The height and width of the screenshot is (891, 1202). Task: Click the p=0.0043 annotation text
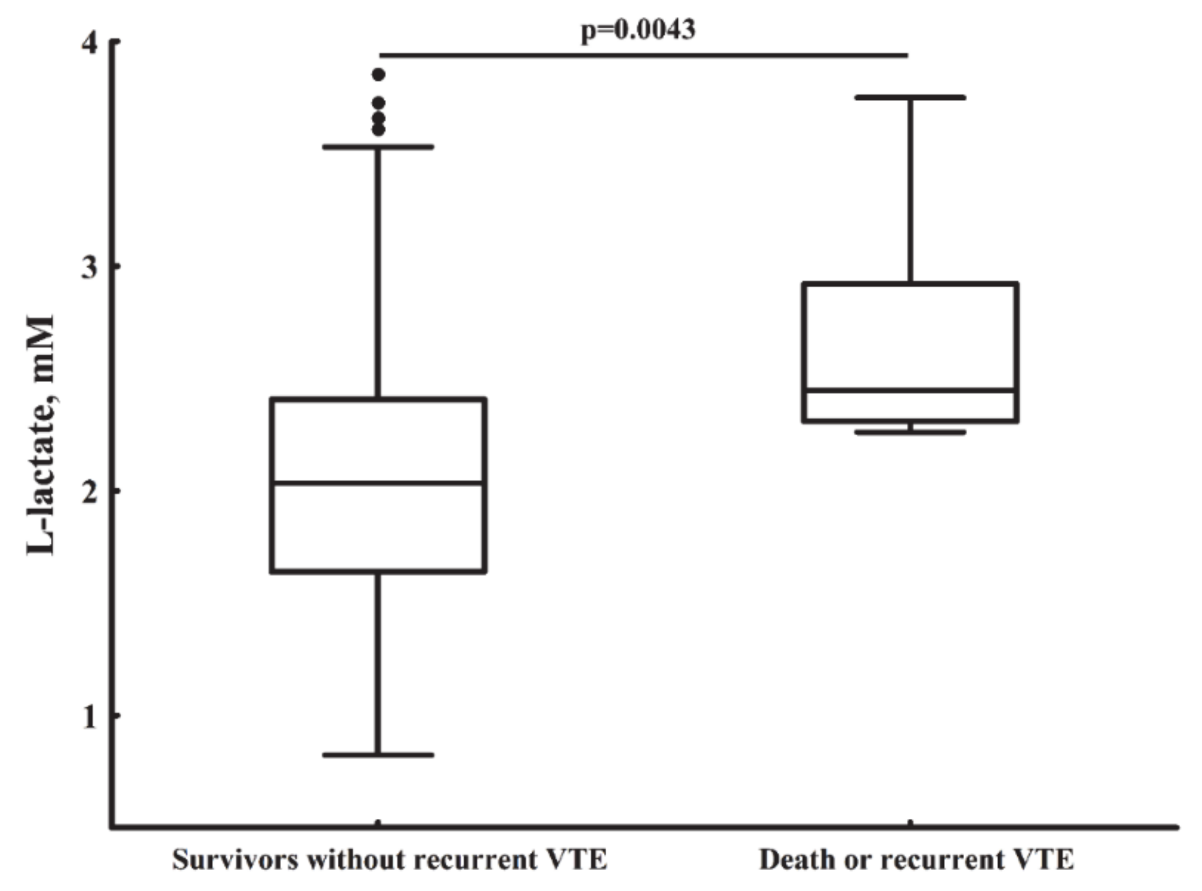pyautogui.click(x=638, y=29)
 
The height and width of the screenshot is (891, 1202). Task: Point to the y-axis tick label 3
pyautogui.click(x=89, y=267)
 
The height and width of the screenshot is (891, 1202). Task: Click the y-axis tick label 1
pyautogui.click(x=89, y=716)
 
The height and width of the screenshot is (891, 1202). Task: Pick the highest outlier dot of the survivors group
pyautogui.click(x=379, y=75)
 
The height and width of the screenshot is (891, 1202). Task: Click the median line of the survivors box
pyautogui.click(x=378, y=482)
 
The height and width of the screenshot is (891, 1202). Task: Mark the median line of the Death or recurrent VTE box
pyautogui.click(x=910, y=391)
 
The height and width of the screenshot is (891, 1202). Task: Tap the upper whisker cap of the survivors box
pyautogui.click(x=378, y=147)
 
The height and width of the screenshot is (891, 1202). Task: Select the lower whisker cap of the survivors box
pyautogui.click(x=378, y=755)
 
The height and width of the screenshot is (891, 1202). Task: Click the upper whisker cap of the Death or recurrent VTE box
pyautogui.click(x=910, y=97)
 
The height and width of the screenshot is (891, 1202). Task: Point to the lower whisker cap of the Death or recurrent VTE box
pyautogui.click(x=910, y=432)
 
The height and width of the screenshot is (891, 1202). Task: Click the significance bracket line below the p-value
pyautogui.click(x=644, y=55)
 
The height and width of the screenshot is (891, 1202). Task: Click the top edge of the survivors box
pyautogui.click(x=378, y=399)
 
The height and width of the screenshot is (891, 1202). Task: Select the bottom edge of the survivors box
pyautogui.click(x=378, y=571)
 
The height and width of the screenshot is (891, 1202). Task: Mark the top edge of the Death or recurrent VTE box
pyautogui.click(x=910, y=284)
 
